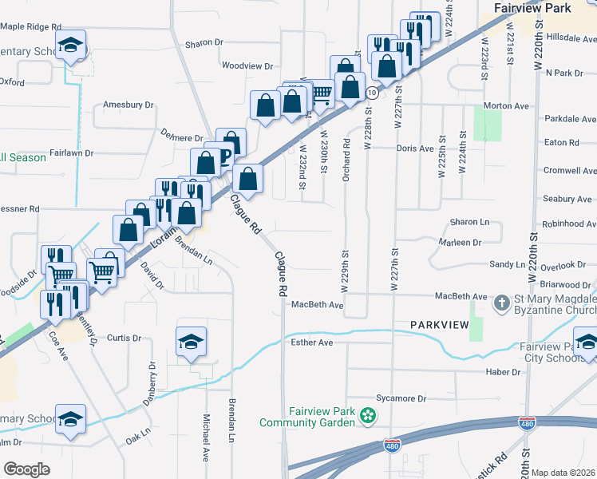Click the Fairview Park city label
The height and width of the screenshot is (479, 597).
click(x=532, y=8)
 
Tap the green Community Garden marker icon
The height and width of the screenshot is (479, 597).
click(x=368, y=415)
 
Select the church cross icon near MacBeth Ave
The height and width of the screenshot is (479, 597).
click(x=501, y=303)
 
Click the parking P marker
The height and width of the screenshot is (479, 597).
click(x=227, y=156)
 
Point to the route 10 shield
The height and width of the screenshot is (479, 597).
click(x=372, y=93)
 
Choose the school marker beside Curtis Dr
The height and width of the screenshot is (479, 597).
click(x=191, y=342)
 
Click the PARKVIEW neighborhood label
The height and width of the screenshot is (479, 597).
click(x=438, y=325)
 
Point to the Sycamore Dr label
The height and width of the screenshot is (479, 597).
click(x=401, y=398)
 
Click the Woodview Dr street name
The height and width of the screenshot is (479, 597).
click(x=247, y=66)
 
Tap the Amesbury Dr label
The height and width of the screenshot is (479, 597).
click(x=128, y=105)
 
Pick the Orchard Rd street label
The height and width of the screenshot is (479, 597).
click(x=346, y=160)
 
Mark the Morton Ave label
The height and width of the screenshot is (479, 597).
click(x=507, y=105)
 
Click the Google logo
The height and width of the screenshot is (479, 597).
click(x=26, y=469)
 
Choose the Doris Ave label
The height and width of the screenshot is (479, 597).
click(x=415, y=148)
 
